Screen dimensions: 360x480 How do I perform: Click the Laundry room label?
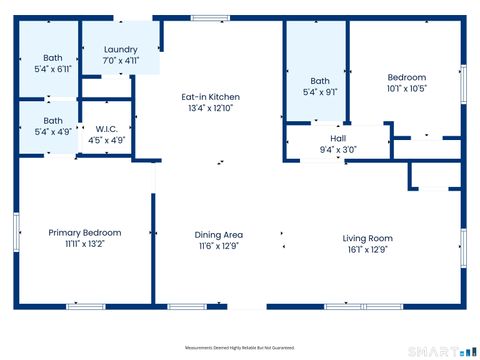120,49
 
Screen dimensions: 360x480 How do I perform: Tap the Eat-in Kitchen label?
210,97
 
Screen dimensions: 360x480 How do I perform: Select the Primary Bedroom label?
85,232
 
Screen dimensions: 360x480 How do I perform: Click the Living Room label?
367,238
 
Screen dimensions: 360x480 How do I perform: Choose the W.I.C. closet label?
107,129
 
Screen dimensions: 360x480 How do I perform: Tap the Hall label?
338,139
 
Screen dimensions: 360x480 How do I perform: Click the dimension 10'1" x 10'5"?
406,88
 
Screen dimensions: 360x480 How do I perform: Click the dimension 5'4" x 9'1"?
320,92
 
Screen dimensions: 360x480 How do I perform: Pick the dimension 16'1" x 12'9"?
367,249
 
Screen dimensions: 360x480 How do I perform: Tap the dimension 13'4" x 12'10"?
210,108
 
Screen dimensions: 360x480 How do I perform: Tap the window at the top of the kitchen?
210,17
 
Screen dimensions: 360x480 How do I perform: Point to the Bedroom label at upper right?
406,77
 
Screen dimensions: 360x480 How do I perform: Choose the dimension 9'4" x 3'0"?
338,150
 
